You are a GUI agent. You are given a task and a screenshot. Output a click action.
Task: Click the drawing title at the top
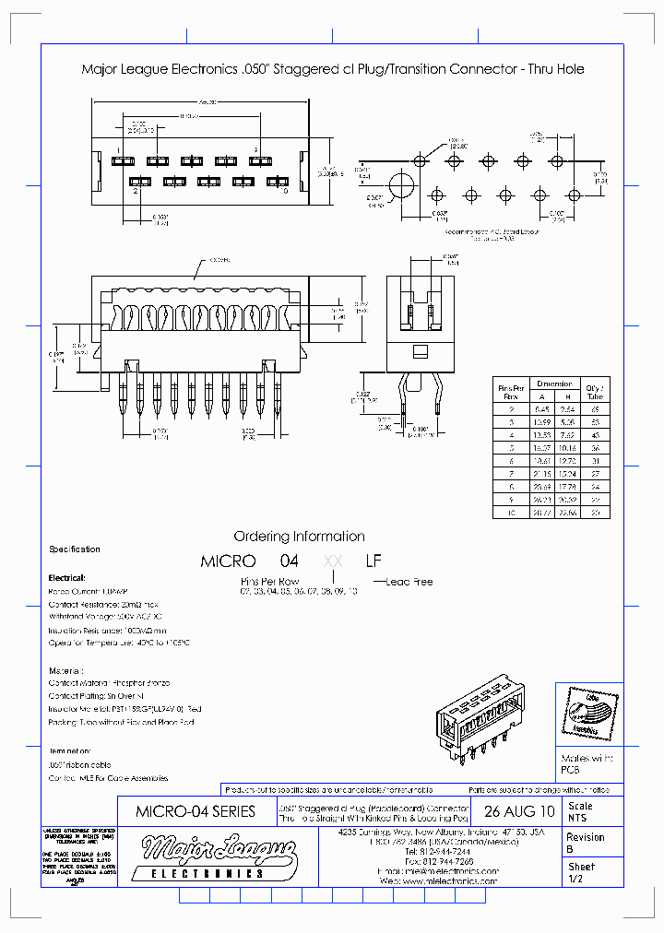(x=332, y=69)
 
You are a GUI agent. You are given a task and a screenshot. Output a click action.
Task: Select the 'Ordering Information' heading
(x=299, y=537)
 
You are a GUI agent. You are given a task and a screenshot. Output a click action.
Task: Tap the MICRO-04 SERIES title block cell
(x=196, y=812)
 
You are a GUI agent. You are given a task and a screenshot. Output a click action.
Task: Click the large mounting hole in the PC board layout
(x=401, y=185)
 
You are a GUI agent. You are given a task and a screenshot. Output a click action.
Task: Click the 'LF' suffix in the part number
(x=373, y=561)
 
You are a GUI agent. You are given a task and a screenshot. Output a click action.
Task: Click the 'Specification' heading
(x=75, y=549)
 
